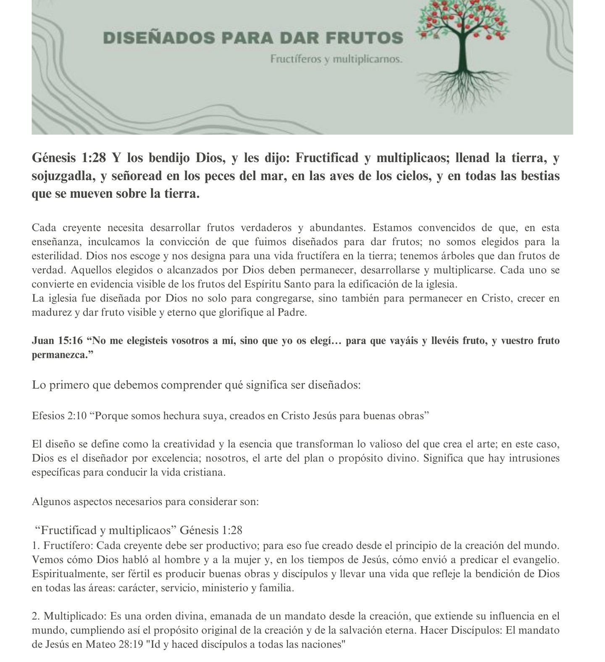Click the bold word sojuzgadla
(x=62, y=176)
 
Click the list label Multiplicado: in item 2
(x=75, y=616)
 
